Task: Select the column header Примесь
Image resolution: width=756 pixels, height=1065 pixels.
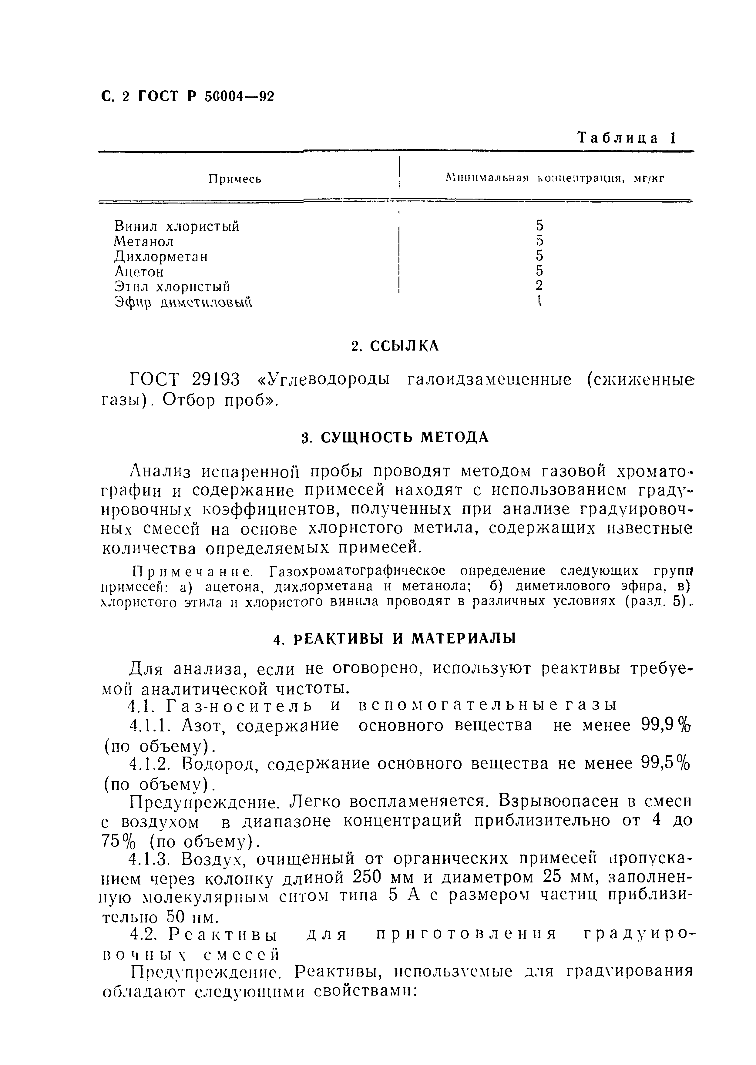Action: (x=235, y=179)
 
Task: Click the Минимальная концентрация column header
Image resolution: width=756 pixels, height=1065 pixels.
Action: (x=554, y=178)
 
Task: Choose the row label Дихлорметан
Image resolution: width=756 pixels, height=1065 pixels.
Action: (x=161, y=257)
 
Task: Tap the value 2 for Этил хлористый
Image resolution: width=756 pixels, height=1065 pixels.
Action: (x=539, y=286)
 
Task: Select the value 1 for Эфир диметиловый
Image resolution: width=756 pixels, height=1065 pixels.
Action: (x=539, y=301)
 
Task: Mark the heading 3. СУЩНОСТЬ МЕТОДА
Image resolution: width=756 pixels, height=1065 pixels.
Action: (x=395, y=438)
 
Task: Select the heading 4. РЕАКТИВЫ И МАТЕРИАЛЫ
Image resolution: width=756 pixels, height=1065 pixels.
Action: (x=395, y=639)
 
